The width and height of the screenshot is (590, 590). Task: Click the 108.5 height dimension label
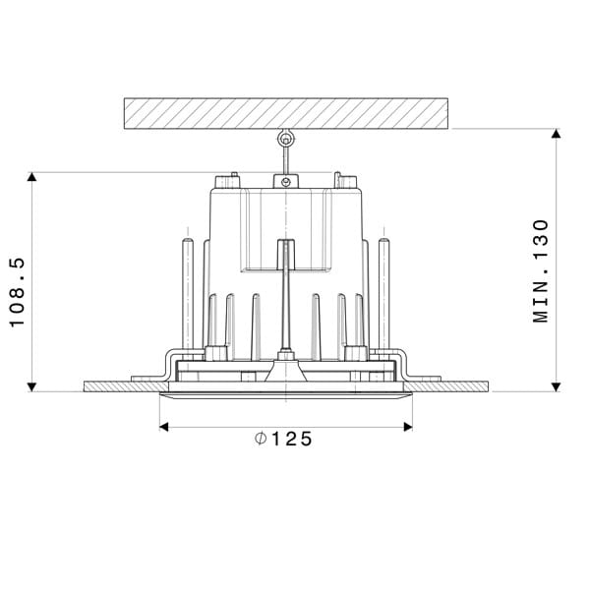(x=16, y=292)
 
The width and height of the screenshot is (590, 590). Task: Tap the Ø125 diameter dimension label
(x=283, y=440)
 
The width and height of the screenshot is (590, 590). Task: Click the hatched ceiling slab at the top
(x=285, y=113)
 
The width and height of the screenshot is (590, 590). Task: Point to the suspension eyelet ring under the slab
(x=286, y=140)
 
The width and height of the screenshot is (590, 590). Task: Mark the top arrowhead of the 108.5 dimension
(x=32, y=178)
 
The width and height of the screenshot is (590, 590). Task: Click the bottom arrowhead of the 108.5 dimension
(x=32, y=385)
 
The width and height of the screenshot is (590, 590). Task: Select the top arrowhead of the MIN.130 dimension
(x=556, y=135)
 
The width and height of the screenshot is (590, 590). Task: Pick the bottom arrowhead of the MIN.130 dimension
(x=556, y=385)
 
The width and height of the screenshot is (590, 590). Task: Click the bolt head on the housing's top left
(x=229, y=180)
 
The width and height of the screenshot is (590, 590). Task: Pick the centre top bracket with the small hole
(x=286, y=181)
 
